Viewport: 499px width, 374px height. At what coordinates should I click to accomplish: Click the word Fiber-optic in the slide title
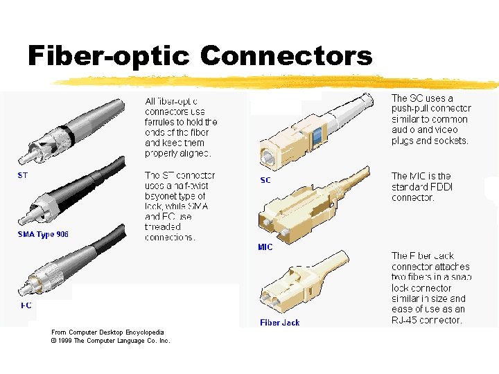pyautogui.click(x=107, y=55)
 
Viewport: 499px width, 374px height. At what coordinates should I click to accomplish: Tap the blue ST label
pyautogui.click(x=23, y=175)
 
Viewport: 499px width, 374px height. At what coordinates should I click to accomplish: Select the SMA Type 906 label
pyautogui.click(x=43, y=234)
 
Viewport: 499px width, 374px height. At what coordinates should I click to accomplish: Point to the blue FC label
pyautogui.click(x=26, y=305)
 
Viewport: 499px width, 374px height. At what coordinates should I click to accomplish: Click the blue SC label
pyautogui.click(x=265, y=180)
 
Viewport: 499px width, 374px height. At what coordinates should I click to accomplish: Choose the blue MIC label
pyautogui.click(x=265, y=247)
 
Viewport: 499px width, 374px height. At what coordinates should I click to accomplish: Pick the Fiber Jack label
pyautogui.click(x=280, y=322)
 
